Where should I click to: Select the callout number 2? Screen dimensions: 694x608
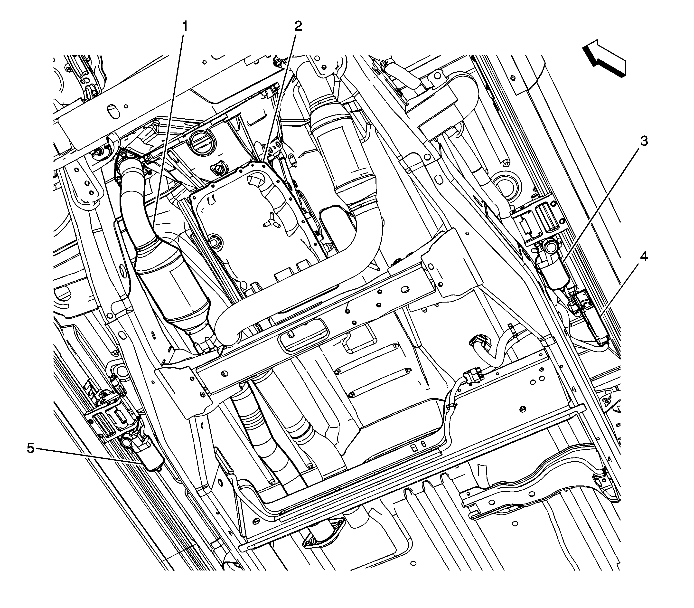298,26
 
